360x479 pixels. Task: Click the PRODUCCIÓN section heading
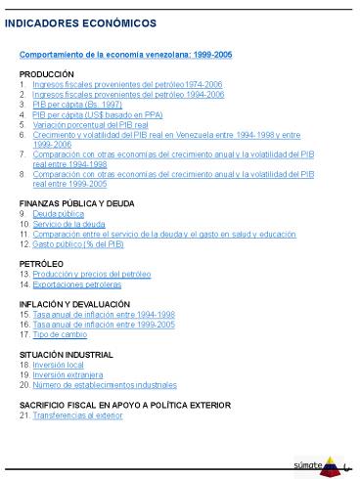click(47, 74)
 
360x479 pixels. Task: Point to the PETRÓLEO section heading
click(42, 264)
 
